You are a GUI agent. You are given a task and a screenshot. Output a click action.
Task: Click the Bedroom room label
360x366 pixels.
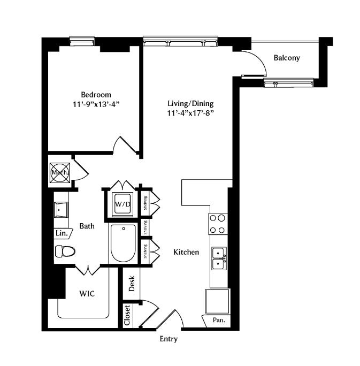pyautogui.click(x=96, y=94)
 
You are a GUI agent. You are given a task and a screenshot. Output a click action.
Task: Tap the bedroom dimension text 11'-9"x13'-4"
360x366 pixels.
pyautogui.click(x=96, y=104)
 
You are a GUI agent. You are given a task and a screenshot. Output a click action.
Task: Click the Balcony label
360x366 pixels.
pyautogui.click(x=286, y=58)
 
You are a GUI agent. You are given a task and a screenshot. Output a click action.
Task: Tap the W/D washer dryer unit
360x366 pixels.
pyautogui.click(x=122, y=204)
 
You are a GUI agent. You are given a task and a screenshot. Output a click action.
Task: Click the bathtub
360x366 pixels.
pyautogui.click(x=123, y=243)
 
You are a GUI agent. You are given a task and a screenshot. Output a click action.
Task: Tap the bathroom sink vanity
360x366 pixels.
pyautogui.click(x=60, y=210)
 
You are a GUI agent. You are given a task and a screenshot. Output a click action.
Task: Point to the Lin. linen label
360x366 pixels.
pyautogui.click(x=60, y=233)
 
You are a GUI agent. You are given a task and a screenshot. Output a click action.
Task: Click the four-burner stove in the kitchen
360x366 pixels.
pyautogui.click(x=218, y=224)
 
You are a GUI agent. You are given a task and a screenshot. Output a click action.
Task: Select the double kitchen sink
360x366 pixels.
pyautogui.click(x=218, y=258)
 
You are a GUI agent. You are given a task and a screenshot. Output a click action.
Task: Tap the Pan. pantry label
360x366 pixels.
pyautogui.click(x=219, y=321)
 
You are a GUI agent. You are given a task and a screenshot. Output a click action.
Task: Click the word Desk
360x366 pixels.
pyautogui.click(x=132, y=283)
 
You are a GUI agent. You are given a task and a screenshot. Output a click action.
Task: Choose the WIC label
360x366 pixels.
pyautogui.click(x=88, y=294)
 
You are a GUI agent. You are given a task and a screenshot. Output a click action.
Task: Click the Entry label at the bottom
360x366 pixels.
pyautogui.click(x=168, y=339)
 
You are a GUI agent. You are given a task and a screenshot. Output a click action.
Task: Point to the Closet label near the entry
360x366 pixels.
pyautogui.click(x=127, y=316)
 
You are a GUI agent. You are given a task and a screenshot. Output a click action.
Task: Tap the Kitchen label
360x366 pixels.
pyautogui.click(x=186, y=251)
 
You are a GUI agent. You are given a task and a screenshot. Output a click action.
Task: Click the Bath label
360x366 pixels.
pyautogui.click(x=87, y=226)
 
